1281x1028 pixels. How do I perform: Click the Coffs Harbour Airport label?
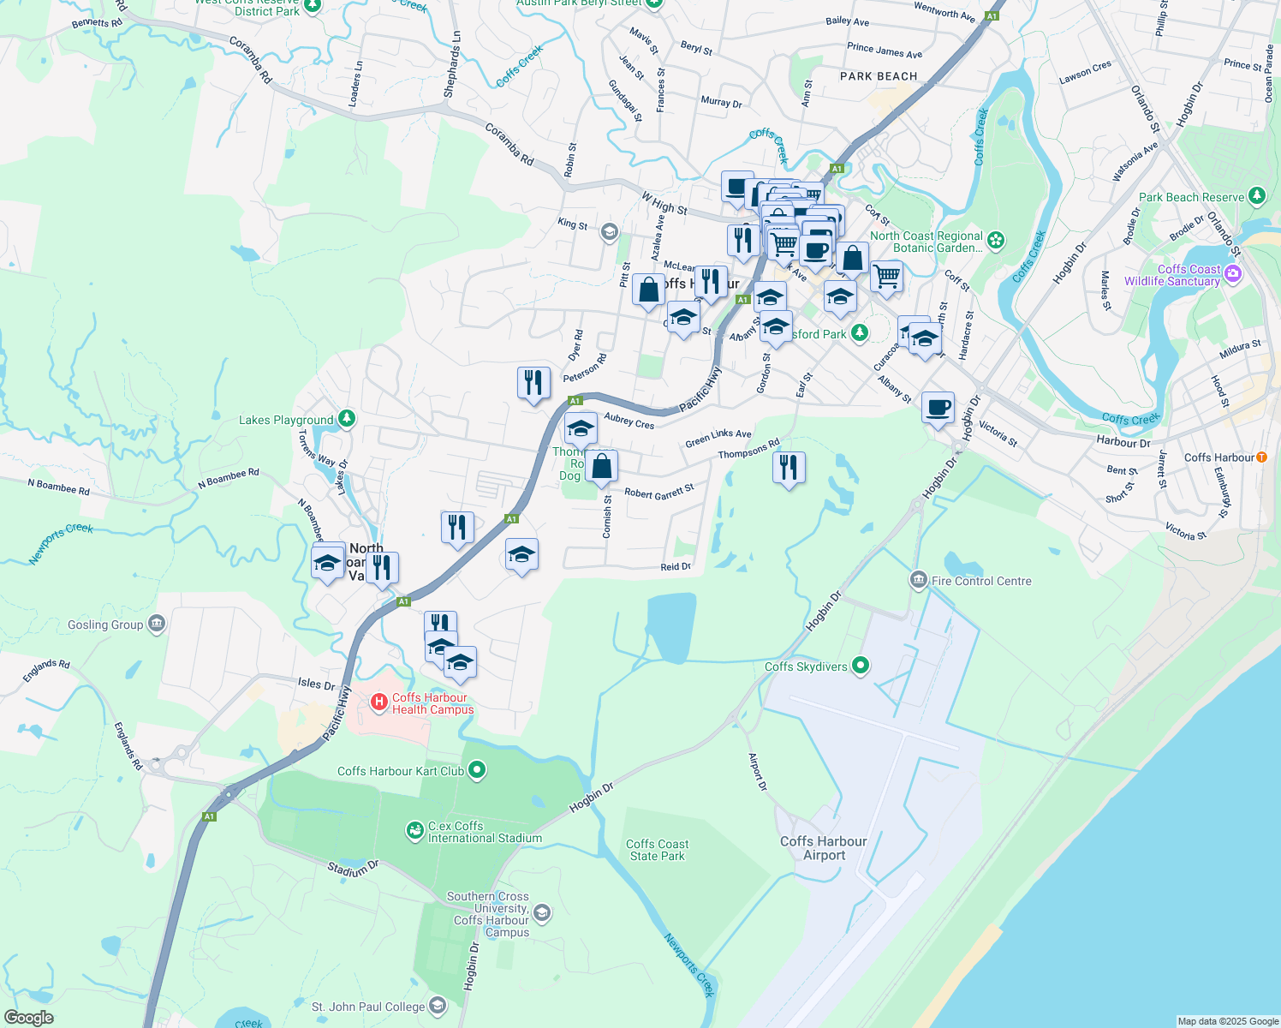click(x=824, y=848)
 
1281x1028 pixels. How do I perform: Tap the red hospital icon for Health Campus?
click(x=378, y=702)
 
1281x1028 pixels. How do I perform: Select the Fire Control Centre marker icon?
click(x=918, y=581)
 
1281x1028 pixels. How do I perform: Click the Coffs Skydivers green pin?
click(x=861, y=666)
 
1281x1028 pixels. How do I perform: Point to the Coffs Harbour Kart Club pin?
click(x=478, y=770)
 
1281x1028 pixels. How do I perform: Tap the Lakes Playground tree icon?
click(x=347, y=419)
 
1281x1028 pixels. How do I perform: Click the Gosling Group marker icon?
click(x=156, y=624)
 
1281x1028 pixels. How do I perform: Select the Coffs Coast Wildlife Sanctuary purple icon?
click(x=1233, y=274)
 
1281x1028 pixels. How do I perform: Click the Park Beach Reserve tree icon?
click(x=1257, y=196)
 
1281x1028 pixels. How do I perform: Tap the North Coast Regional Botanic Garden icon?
click(x=996, y=241)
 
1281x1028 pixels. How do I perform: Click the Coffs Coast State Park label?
click(x=657, y=850)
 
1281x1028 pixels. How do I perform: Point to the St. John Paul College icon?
click(x=438, y=1005)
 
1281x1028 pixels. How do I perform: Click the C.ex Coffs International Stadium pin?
click(x=414, y=830)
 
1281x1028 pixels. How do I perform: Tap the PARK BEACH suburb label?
click(x=879, y=76)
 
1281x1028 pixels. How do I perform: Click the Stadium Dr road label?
click(x=353, y=870)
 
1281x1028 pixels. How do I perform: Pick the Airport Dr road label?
click(x=758, y=772)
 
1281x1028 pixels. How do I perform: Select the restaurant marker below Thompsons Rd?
click(x=789, y=468)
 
